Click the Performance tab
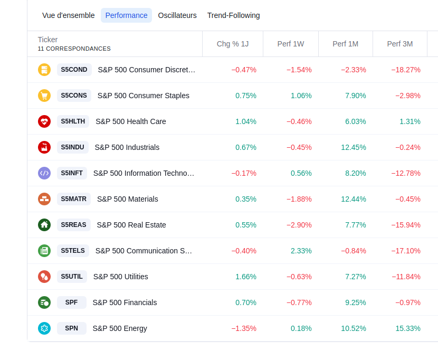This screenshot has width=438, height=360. (126, 15)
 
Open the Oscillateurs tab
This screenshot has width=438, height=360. (177, 15)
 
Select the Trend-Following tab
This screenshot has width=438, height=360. (233, 15)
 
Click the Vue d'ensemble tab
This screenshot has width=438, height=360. (69, 15)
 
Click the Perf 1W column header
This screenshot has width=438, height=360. (291, 44)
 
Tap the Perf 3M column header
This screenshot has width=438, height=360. (400, 44)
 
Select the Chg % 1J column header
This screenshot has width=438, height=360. (233, 44)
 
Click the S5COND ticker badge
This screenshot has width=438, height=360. (74, 70)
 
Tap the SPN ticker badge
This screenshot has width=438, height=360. (71, 328)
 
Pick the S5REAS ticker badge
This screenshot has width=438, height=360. (73, 225)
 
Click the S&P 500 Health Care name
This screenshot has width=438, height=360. (131, 121)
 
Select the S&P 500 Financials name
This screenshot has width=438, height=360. (125, 302)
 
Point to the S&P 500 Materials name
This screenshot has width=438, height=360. (128, 199)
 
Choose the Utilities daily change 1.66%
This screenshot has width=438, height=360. (246, 277)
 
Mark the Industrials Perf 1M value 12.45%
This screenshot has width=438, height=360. (354, 147)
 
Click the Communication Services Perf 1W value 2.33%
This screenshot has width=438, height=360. (301, 251)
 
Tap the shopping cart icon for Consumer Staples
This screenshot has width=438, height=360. (44, 96)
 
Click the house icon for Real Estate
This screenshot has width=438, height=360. (44, 225)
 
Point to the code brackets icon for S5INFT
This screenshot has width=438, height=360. (44, 173)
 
